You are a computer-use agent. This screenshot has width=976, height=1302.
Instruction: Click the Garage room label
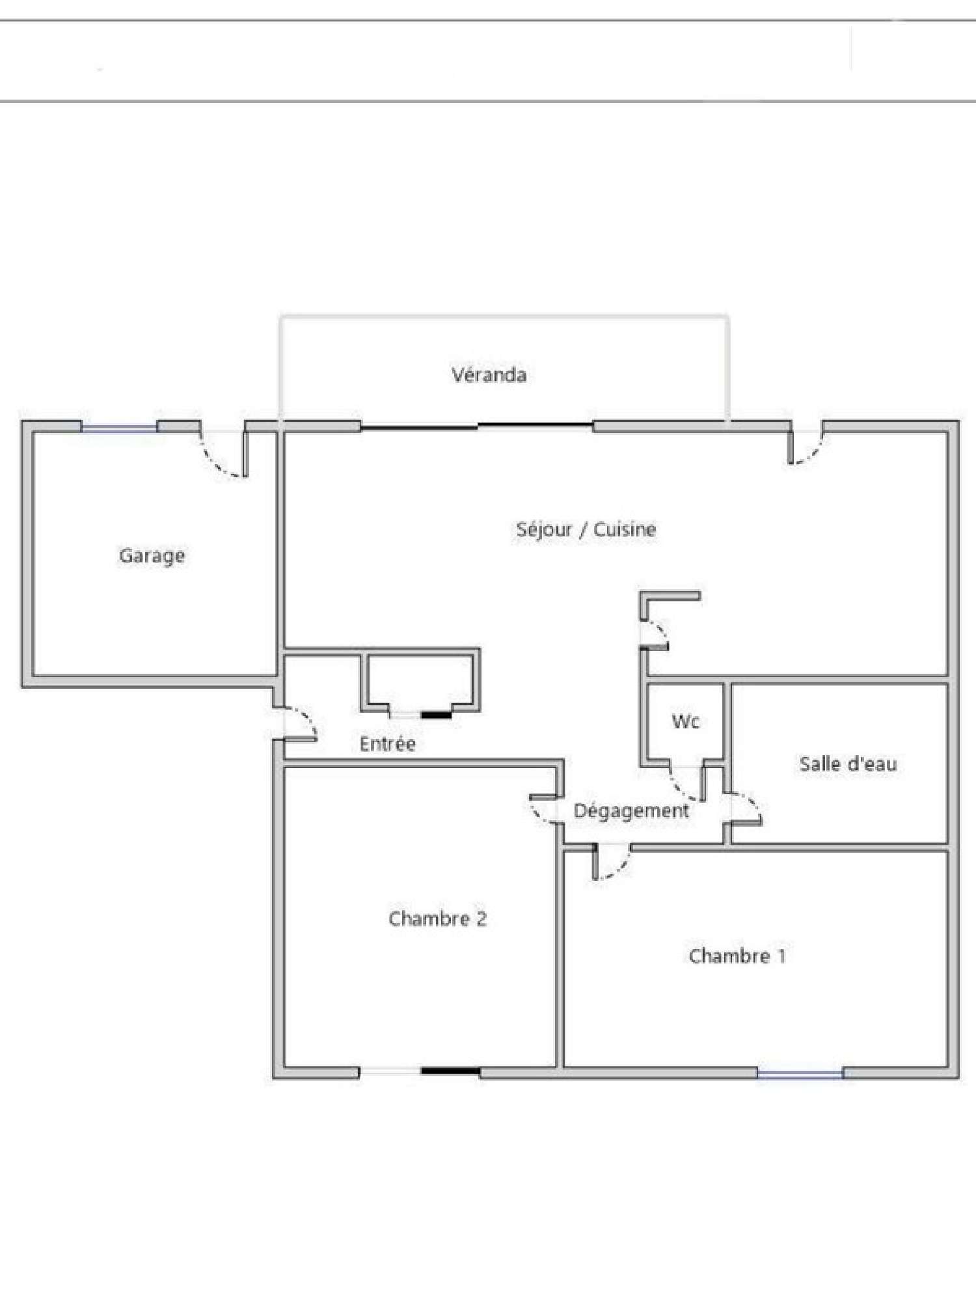pyautogui.click(x=152, y=556)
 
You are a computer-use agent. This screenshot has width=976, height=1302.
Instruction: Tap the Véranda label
pyautogui.click(x=489, y=374)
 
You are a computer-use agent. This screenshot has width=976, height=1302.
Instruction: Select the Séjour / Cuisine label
pyautogui.click(x=586, y=529)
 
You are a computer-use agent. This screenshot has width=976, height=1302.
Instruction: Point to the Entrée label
pyautogui.click(x=388, y=743)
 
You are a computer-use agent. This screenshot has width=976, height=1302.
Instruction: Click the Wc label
pyautogui.click(x=686, y=721)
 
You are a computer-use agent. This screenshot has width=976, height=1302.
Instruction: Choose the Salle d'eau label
pyautogui.click(x=848, y=764)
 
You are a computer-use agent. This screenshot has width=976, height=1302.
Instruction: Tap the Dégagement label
pyautogui.click(x=630, y=811)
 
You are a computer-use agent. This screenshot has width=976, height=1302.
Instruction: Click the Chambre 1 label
pyautogui.click(x=737, y=956)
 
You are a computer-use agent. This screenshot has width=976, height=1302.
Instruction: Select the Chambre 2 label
pyautogui.click(x=437, y=919)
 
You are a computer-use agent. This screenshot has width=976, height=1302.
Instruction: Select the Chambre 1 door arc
pyautogui.click(x=621, y=867)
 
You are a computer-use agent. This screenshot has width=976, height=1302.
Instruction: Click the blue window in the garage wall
pyautogui.click(x=120, y=428)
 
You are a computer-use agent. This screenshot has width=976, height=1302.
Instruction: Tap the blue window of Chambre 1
pyautogui.click(x=800, y=1073)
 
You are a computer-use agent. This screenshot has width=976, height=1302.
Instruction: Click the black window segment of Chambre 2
pyautogui.click(x=450, y=1072)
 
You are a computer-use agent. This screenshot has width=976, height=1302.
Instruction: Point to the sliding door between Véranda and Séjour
pyautogui.click(x=477, y=426)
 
